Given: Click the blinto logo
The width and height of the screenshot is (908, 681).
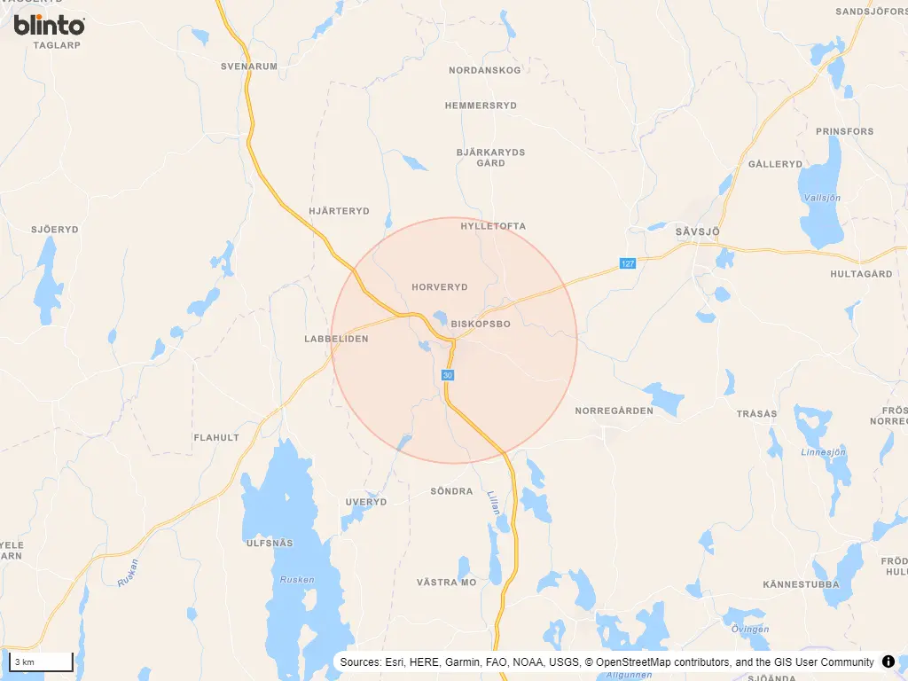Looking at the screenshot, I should click(x=49, y=25).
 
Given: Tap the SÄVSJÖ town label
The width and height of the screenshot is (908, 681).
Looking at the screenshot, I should click(x=697, y=231).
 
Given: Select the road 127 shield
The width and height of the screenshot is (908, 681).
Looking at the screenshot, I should click(x=628, y=263).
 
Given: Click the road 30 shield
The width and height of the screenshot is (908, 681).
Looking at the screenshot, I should click(x=448, y=376).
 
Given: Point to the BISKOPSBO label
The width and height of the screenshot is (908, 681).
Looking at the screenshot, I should click(x=481, y=325).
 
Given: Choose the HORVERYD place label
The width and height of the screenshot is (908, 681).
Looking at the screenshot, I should click(x=439, y=287).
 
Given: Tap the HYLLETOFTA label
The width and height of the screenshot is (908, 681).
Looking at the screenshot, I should click(x=493, y=226).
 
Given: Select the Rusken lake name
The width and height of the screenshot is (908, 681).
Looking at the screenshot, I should click(x=297, y=580).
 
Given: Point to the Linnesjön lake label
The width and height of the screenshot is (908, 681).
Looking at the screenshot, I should click(x=825, y=451).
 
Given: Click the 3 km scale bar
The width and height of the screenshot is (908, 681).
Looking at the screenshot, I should click(x=41, y=662).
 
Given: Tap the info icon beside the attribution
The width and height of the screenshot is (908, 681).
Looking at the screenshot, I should click(x=888, y=661).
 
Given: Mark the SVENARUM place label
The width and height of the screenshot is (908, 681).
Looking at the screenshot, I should click(x=249, y=66).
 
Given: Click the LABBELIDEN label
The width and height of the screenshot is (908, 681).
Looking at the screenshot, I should click(x=336, y=339).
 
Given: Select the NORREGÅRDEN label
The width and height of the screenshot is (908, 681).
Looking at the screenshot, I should click(x=614, y=411).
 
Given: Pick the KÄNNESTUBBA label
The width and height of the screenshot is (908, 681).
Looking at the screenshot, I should click(x=802, y=584).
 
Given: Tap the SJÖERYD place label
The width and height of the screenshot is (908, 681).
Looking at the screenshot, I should click(x=55, y=229).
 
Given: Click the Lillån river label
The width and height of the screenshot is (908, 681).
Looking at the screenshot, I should click(x=493, y=504).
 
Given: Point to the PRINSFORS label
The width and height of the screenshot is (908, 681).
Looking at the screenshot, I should click(x=844, y=131).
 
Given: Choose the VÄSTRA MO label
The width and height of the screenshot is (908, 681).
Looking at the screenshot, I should click(x=446, y=583).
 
